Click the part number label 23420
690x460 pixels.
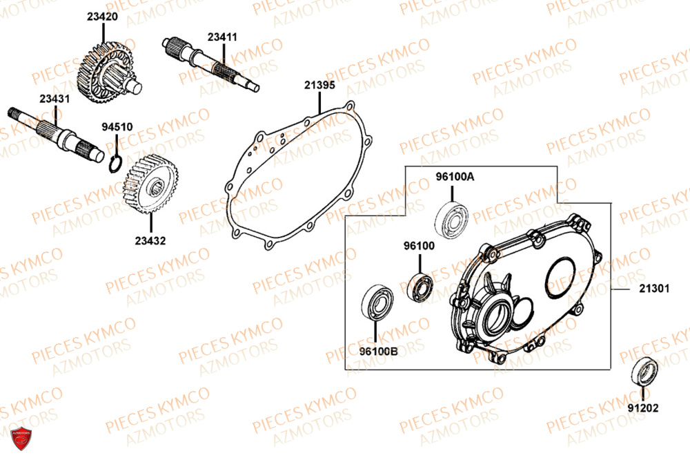(102, 16)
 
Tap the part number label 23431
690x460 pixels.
(55, 99)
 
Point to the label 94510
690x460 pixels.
(117, 127)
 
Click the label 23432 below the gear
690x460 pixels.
(150, 241)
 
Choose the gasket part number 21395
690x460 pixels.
(319, 85)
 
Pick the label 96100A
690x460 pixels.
(455, 177)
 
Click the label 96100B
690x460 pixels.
(379, 349)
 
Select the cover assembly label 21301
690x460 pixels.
(653, 290)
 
